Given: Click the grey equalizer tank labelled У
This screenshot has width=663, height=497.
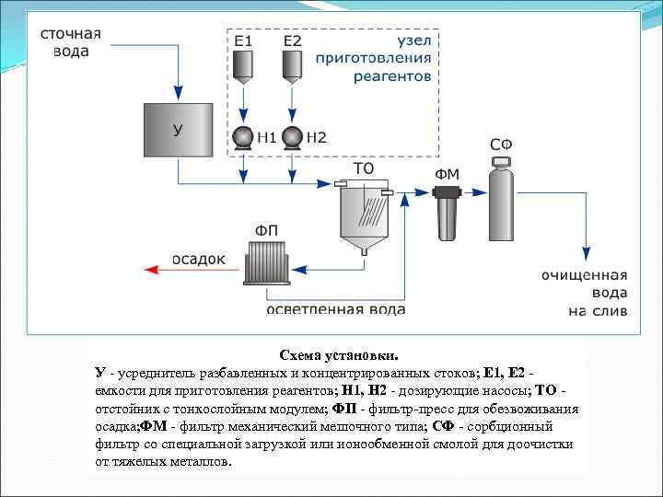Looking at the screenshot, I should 178,130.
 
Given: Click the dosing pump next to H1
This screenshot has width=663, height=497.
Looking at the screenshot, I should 243,137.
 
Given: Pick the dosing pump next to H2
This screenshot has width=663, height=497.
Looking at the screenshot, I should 292,137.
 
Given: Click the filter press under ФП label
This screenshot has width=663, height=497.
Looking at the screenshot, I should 268,261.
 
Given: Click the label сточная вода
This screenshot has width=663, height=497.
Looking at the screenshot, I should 70,42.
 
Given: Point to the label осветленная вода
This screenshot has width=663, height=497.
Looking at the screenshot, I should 336,309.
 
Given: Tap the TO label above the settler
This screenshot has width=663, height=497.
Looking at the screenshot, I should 364,169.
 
